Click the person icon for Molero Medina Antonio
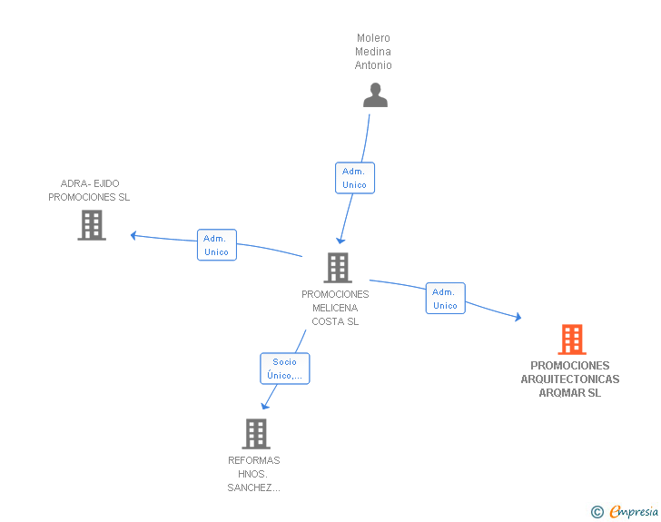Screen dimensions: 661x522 point(375,95)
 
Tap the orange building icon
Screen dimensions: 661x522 point(572,339)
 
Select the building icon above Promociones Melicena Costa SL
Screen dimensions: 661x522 point(338,267)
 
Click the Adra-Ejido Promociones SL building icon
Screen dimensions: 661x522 point(92,225)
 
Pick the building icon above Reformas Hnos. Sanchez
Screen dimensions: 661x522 point(256,433)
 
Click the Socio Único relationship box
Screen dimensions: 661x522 point(284,369)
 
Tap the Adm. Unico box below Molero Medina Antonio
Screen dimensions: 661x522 point(354,178)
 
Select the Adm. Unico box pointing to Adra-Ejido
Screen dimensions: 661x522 point(217,245)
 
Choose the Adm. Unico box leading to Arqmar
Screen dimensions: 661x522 point(445,299)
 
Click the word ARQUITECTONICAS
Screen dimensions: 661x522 point(570,379)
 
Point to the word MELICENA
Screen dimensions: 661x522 point(335,308)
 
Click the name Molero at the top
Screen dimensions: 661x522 point(373,38)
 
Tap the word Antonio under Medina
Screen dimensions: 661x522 point(373,65)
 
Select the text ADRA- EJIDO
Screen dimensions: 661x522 point(90,183)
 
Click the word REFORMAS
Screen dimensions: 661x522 point(254,460)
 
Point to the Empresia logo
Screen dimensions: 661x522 point(625,511)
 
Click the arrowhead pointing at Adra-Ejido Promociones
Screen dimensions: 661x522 point(133,235)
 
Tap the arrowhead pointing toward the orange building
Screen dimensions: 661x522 point(518,317)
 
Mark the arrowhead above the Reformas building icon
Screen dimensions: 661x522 point(265,406)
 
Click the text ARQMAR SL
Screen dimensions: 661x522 point(570,393)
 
